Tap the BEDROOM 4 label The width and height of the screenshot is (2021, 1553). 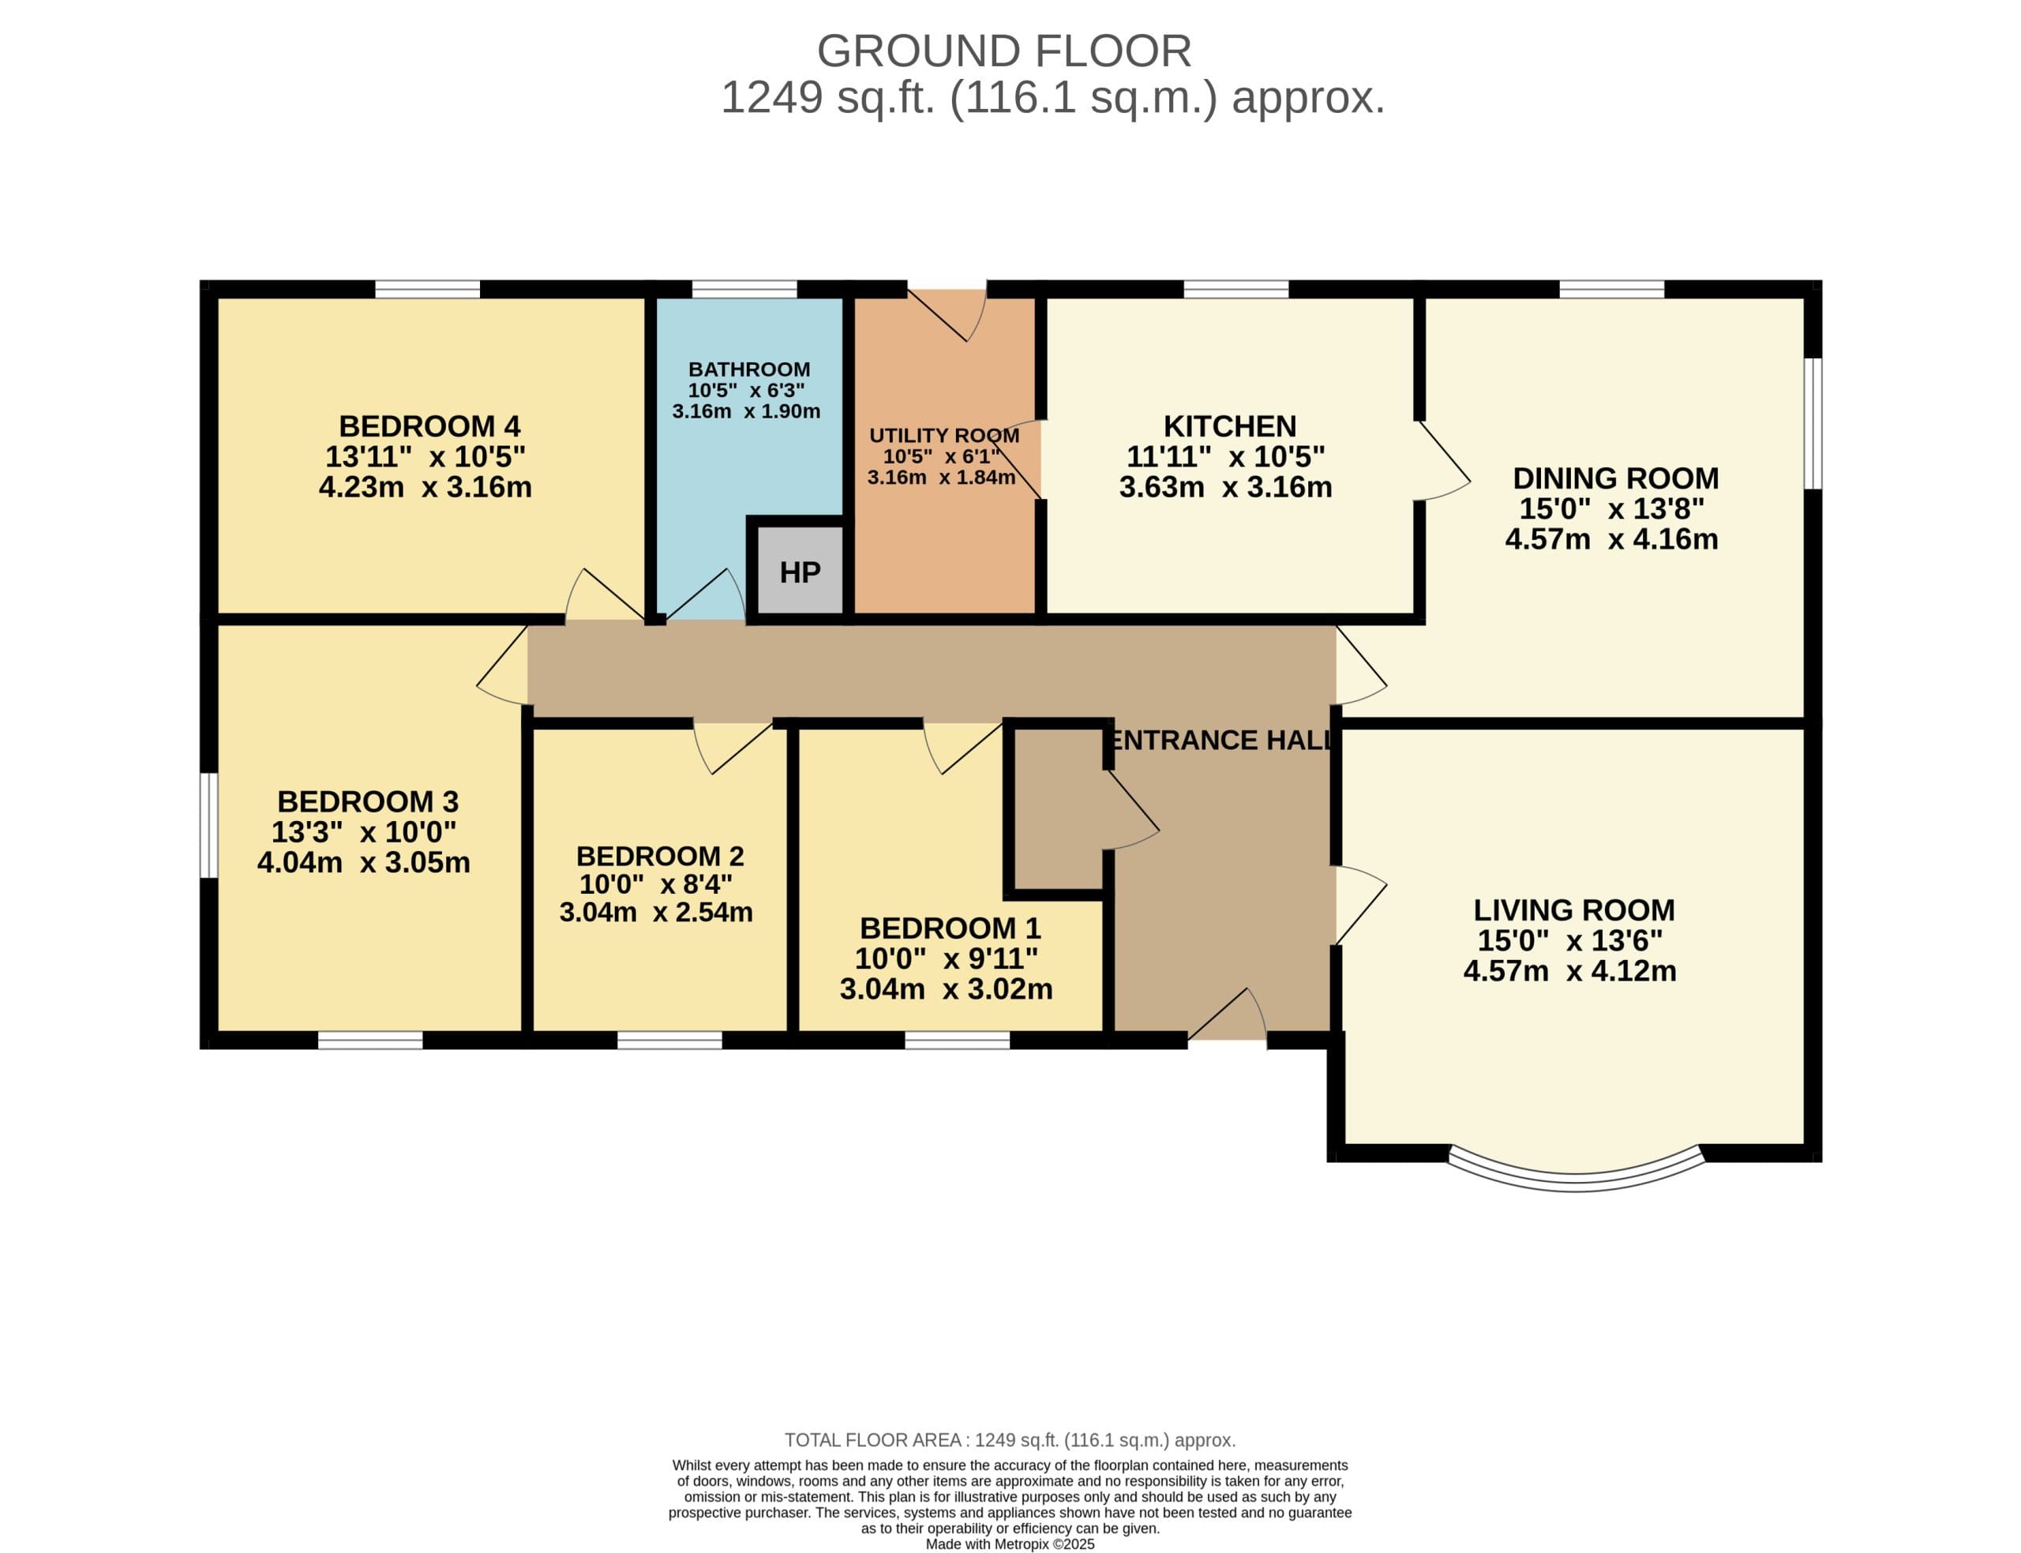coord(429,426)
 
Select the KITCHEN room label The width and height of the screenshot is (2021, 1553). coord(1229,426)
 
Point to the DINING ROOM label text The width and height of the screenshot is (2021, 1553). coord(1615,478)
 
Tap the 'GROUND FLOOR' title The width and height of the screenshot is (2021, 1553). coord(1004,51)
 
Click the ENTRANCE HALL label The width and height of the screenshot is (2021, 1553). coord(1220,740)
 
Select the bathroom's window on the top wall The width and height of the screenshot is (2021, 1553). coord(744,289)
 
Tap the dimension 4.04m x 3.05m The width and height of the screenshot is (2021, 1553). coord(363,862)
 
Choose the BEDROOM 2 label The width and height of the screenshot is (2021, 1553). coord(660,856)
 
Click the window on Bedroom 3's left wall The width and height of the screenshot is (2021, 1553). coord(209,824)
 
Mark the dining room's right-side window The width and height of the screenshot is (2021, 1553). coord(1813,422)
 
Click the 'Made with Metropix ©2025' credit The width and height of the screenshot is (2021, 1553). coord(1010,1544)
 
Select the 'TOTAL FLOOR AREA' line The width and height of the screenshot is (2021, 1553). coord(1010,1439)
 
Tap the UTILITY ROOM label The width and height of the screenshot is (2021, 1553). coord(944,434)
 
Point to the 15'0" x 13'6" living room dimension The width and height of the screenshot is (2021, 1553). coord(1570,940)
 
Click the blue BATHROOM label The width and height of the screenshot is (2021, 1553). coord(749,369)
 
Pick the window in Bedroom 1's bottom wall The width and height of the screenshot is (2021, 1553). coord(958,1040)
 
